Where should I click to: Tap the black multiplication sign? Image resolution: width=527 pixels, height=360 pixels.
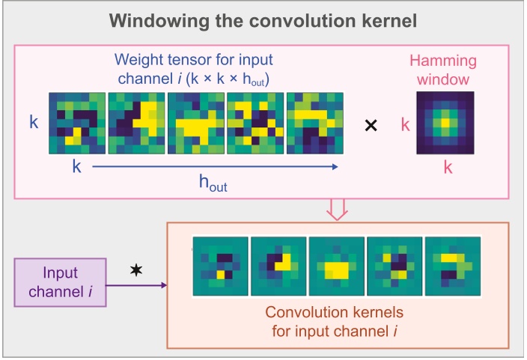pyautogui.click(x=370, y=126)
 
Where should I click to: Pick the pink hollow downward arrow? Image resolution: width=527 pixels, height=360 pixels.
pyautogui.click(x=338, y=210)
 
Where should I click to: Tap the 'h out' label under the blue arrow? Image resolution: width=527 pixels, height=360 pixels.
pyautogui.click(x=213, y=185)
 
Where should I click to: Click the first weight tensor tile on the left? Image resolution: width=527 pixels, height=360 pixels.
pyautogui.click(x=78, y=123)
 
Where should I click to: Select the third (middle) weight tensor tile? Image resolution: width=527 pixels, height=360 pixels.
pyautogui.click(x=196, y=123)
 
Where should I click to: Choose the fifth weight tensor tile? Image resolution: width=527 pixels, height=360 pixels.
pyautogui.click(x=315, y=123)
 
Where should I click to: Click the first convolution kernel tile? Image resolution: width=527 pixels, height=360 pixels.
pyautogui.click(x=221, y=266)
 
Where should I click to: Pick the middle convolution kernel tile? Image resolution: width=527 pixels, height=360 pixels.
pyautogui.click(x=337, y=266)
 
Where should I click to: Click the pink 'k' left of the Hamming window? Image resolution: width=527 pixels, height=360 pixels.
pyautogui.click(x=405, y=124)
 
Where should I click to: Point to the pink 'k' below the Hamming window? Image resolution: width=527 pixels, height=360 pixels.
pyautogui.click(x=448, y=168)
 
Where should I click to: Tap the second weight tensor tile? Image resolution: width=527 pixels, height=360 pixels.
pyautogui.click(x=137, y=123)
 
